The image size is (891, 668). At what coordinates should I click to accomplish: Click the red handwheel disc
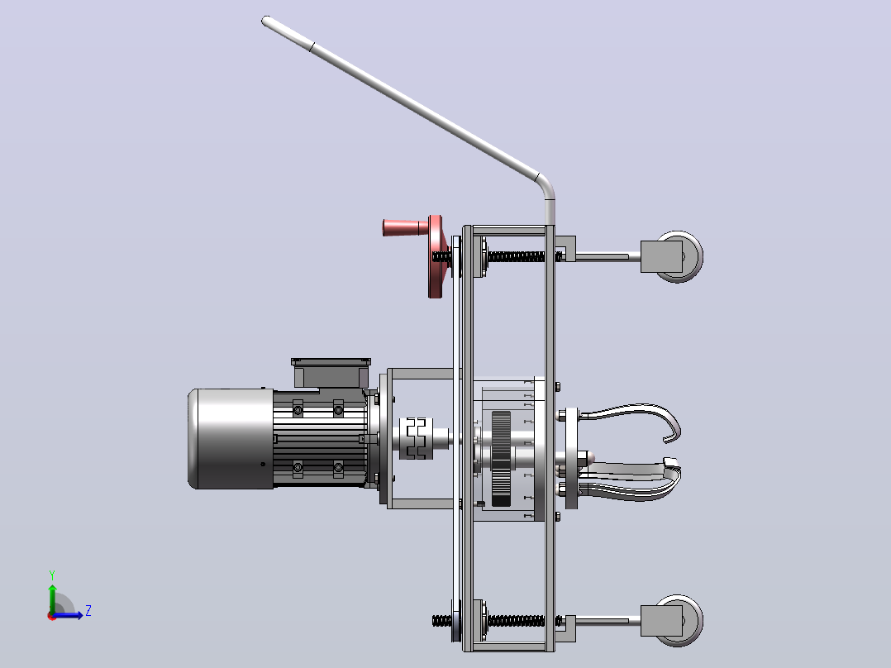(x=436, y=257)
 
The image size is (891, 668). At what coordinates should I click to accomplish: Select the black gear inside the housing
(x=501, y=458)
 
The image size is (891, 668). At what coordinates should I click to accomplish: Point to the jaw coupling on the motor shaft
(x=417, y=438)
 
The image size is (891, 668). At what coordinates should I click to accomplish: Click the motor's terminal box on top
(x=331, y=372)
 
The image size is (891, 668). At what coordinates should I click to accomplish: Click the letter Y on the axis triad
(x=52, y=575)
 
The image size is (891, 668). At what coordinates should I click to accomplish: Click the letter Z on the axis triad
(x=88, y=611)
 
